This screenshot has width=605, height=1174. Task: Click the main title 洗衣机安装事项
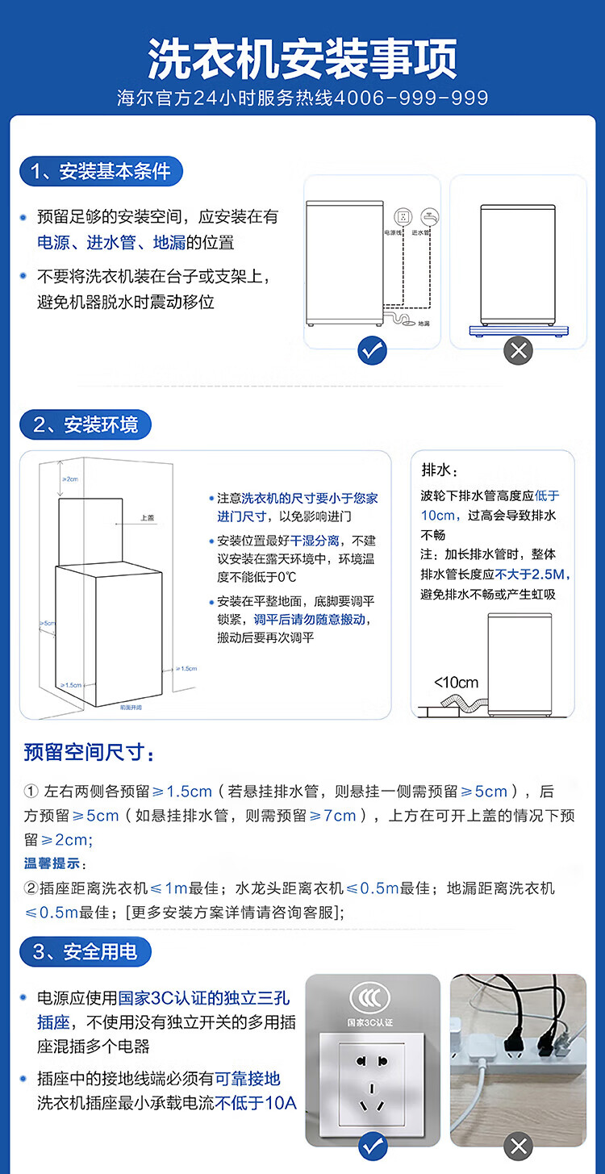tap(302, 58)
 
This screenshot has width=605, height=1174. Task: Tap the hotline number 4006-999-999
tap(411, 98)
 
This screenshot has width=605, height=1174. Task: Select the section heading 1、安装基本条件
tap(101, 171)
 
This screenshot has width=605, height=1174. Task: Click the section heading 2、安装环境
tap(86, 424)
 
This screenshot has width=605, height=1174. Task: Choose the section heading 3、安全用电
tap(86, 951)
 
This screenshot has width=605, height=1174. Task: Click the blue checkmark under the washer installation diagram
tap(372, 349)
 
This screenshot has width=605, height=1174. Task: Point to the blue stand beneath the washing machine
tap(518, 329)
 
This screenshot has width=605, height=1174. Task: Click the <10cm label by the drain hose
tap(456, 683)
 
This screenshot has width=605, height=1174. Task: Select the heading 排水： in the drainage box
tap(440, 470)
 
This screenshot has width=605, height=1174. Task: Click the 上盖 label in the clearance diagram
tap(147, 518)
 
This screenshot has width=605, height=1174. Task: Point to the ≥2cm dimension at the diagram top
tap(70, 479)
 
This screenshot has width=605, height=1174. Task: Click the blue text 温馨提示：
tap(53, 863)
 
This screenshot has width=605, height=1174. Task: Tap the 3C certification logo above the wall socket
tap(372, 998)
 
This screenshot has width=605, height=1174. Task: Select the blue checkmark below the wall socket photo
tap(372, 1146)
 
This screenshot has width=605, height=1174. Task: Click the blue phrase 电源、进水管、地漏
tap(105, 242)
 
